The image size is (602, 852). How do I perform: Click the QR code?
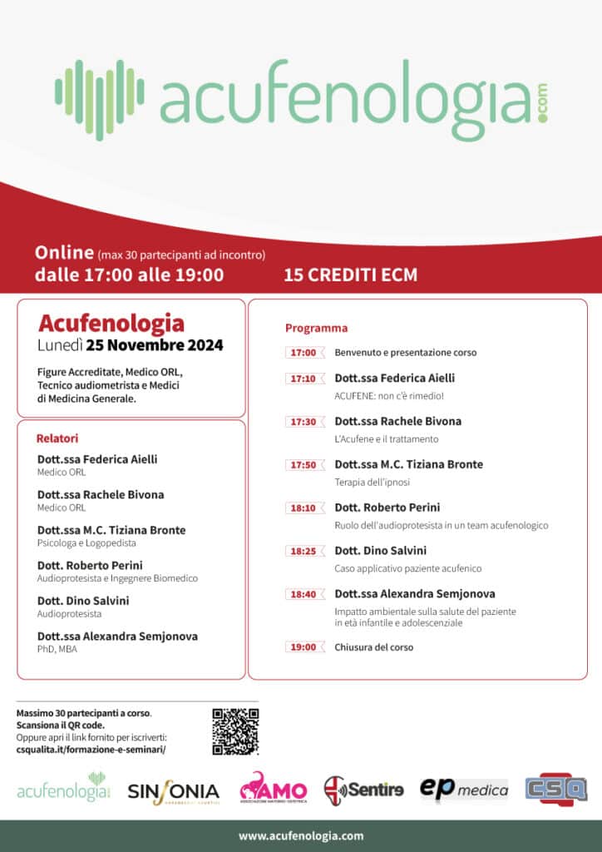[235, 731]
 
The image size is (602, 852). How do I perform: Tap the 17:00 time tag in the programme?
[303, 353]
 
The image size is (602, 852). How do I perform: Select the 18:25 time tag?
[303, 551]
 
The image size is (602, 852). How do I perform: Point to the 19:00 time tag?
[303, 647]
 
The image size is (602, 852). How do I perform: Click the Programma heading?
[316, 328]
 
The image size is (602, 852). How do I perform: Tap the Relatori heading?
[57, 438]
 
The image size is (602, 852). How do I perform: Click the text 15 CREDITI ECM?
[350, 275]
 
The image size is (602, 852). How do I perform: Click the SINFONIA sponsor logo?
[173, 791]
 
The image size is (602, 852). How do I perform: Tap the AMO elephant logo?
[273, 788]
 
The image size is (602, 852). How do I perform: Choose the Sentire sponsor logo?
[363, 789]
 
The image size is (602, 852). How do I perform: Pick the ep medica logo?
[463, 789]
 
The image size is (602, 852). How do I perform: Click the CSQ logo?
[555, 788]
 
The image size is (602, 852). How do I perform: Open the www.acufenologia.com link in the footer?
[301, 835]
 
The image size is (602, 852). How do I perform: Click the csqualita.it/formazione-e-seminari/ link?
[91, 749]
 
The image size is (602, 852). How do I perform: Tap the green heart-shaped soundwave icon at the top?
[100, 99]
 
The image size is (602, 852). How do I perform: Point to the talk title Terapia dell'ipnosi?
[373, 482]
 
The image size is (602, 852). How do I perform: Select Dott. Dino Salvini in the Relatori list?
[83, 601]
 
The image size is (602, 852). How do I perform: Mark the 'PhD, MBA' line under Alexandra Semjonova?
[57, 649]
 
